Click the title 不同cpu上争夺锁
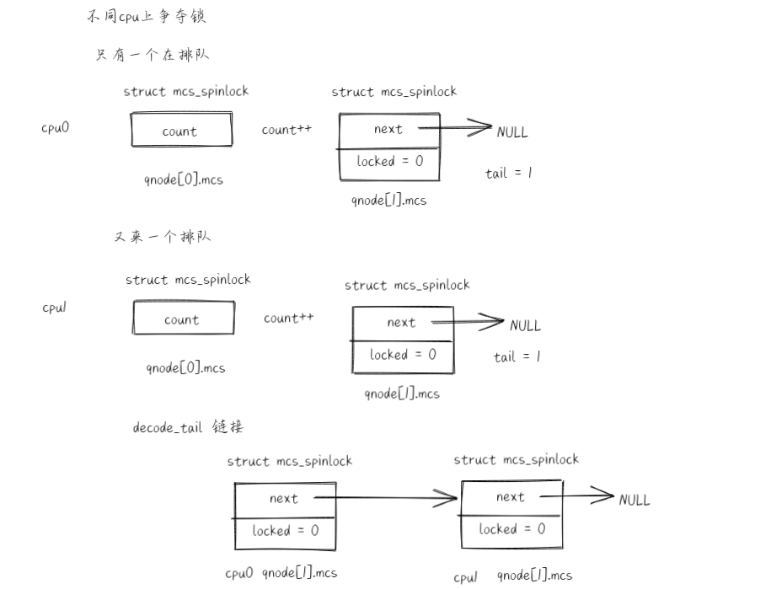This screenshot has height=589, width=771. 147,17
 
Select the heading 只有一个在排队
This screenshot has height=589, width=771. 153,55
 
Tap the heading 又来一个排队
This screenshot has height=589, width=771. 162,236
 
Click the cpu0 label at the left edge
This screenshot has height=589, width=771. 55,128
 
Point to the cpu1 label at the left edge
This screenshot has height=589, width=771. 55,308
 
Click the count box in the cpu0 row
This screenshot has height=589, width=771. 180,131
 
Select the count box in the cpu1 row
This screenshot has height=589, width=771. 183,319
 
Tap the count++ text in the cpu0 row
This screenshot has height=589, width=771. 286,130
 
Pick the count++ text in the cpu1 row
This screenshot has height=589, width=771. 289,318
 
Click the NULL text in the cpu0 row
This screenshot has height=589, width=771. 512,132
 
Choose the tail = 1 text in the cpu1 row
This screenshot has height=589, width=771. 517,356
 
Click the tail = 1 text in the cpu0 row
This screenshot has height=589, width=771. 509,174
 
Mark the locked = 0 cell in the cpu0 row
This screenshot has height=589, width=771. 390,162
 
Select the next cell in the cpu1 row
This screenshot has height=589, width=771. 402,323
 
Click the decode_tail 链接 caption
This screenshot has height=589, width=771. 188,427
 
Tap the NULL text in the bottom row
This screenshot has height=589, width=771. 634,500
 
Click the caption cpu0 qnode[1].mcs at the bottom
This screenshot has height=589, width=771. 281,573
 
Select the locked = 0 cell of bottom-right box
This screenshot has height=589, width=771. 512,529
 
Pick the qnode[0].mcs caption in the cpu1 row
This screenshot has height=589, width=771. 185,367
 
